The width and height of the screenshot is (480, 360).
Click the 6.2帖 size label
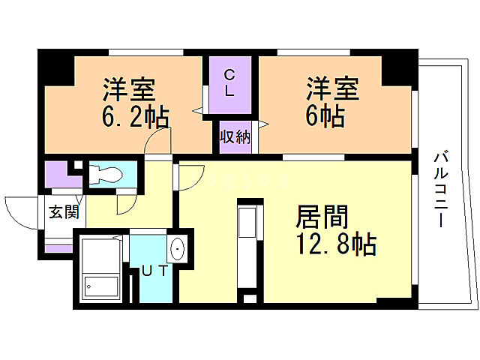(x=135, y=118)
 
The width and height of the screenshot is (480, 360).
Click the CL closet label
(x=231, y=82)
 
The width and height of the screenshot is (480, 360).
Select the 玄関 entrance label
(x=63, y=211)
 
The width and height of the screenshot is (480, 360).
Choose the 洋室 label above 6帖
(x=331, y=89)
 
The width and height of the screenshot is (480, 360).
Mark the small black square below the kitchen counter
(x=249, y=298)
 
